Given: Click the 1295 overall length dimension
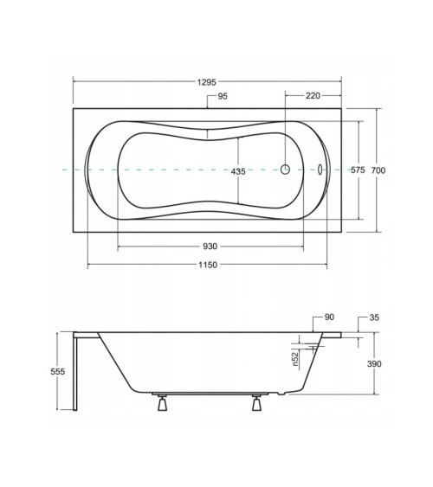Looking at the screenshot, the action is click(206, 82).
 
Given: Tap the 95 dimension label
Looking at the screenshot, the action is click(223, 96).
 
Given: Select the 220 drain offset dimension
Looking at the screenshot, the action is click(313, 96).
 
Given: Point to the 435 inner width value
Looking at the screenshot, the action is click(238, 171).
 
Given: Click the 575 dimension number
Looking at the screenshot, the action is click(358, 170).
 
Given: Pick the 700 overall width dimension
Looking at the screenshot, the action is click(378, 170).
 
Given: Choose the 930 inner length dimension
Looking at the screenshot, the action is click(210, 247).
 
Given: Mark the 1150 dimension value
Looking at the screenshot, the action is click(208, 265).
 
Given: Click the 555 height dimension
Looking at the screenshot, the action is click(58, 371).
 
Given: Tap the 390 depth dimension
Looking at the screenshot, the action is click(374, 363).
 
